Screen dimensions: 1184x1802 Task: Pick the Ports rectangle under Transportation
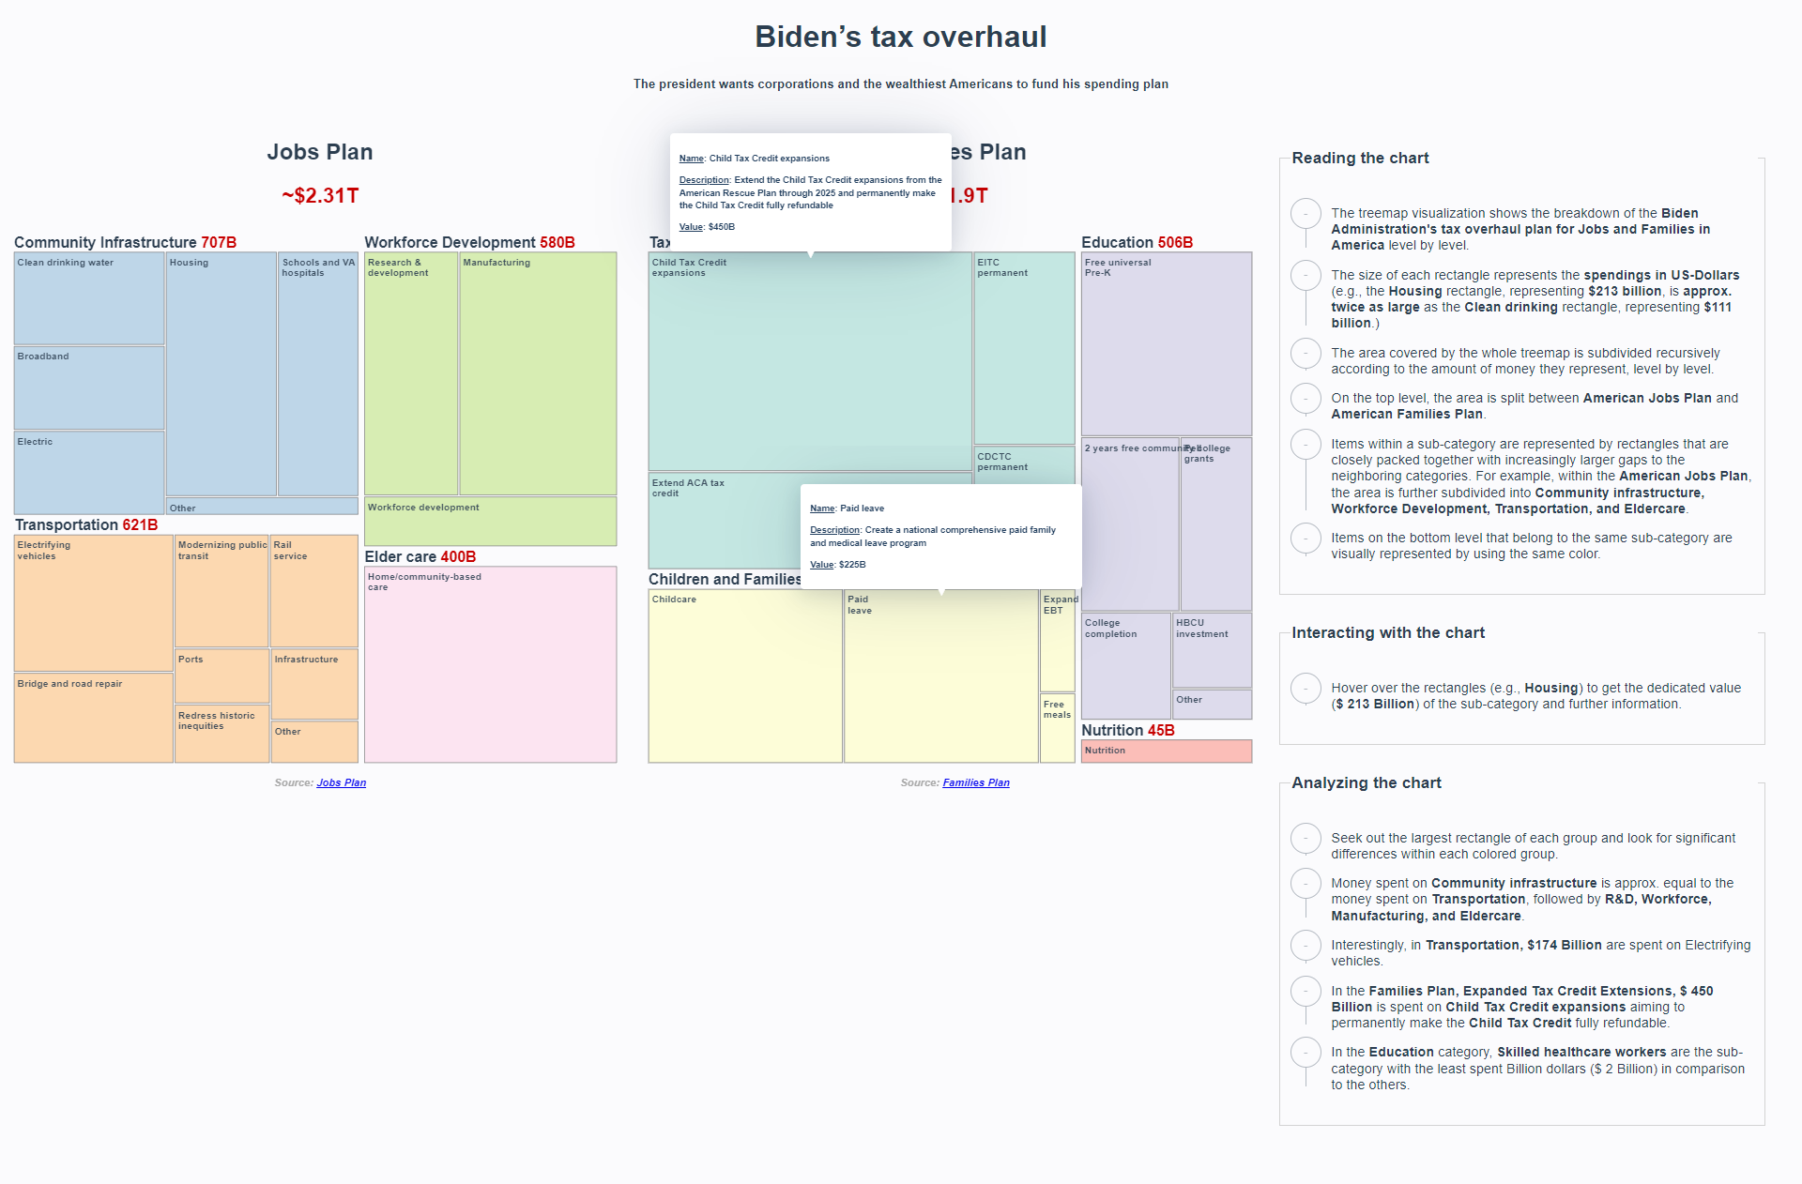[x=221, y=675]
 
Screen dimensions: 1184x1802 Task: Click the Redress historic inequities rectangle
[x=221, y=734]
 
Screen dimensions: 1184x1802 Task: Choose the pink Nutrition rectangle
[x=1166, y=751]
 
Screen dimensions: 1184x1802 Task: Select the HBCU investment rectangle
[x=1212, y=649]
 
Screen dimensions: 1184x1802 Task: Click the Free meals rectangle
[x=1057, y=727]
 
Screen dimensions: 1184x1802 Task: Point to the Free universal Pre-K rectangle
[x=1166, y=343]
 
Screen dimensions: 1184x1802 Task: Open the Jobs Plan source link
[x=342, y=782]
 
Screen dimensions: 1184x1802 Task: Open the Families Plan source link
[x=976, y=782]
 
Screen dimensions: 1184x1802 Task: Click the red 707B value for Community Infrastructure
[x=219, y=242]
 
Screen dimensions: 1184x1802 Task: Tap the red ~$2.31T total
[x=320, y=195]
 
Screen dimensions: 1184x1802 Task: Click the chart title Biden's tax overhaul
[x=900, y=37]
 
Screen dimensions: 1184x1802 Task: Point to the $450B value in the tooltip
[x=722, y=227]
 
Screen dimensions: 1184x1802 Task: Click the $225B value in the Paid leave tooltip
[x=852, y=565]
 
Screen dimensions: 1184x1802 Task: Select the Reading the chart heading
[x=1360, y=158]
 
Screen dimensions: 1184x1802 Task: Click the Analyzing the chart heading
[x=1366, y=782]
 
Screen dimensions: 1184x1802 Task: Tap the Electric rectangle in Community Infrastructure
[x=89, y=472]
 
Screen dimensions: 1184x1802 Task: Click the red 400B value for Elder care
[x=458, y=556]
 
